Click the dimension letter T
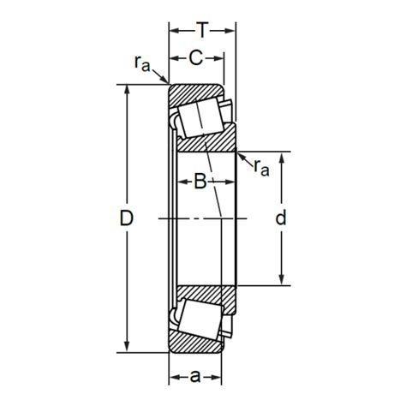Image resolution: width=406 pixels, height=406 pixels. click(x=202, y=30)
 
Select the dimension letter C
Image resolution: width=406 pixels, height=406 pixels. click(x=196, y=58)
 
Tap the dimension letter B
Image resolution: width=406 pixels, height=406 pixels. click(x=200, y=182)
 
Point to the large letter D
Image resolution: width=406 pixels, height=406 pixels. click(x=126, y=218)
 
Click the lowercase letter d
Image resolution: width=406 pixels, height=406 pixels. click(x=281, y=218)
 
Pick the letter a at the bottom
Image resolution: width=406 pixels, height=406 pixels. click(x=195, y=377)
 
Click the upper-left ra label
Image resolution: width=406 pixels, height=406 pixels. click(x=142, y=63)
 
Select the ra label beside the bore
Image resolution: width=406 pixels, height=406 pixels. click(x=261, y=168)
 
